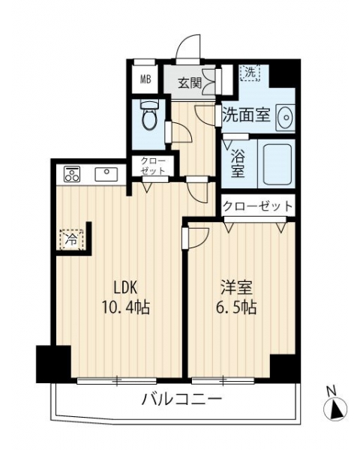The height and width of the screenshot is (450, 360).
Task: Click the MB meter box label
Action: click(145, 79)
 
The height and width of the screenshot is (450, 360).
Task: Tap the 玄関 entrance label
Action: click(190, 83)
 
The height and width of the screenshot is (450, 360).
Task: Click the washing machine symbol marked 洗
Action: click(250, 72)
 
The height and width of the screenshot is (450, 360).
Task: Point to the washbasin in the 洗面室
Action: click(285, 118)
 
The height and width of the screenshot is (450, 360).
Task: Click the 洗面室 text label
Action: click(247, 115)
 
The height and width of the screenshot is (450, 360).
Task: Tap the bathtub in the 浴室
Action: click(277, 163)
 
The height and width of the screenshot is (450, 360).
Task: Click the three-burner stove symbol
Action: click(72, 174)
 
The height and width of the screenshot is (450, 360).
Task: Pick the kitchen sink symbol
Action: click(106, 174)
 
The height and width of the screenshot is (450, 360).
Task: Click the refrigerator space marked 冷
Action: click(72, 239)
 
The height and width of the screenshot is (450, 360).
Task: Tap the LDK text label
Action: click(126, 288)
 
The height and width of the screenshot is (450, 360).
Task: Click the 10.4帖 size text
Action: click(125, 307)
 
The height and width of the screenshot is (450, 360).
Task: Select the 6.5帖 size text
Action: click(236, 307)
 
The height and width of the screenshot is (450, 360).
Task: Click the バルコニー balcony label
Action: click(182, 399)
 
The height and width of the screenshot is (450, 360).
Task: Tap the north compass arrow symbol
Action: click(335, 407)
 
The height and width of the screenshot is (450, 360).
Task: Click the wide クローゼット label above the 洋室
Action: click(258, 205)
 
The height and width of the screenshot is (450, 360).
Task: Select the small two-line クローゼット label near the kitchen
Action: click(153, 166)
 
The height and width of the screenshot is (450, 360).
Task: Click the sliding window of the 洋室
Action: click(223, 381)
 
